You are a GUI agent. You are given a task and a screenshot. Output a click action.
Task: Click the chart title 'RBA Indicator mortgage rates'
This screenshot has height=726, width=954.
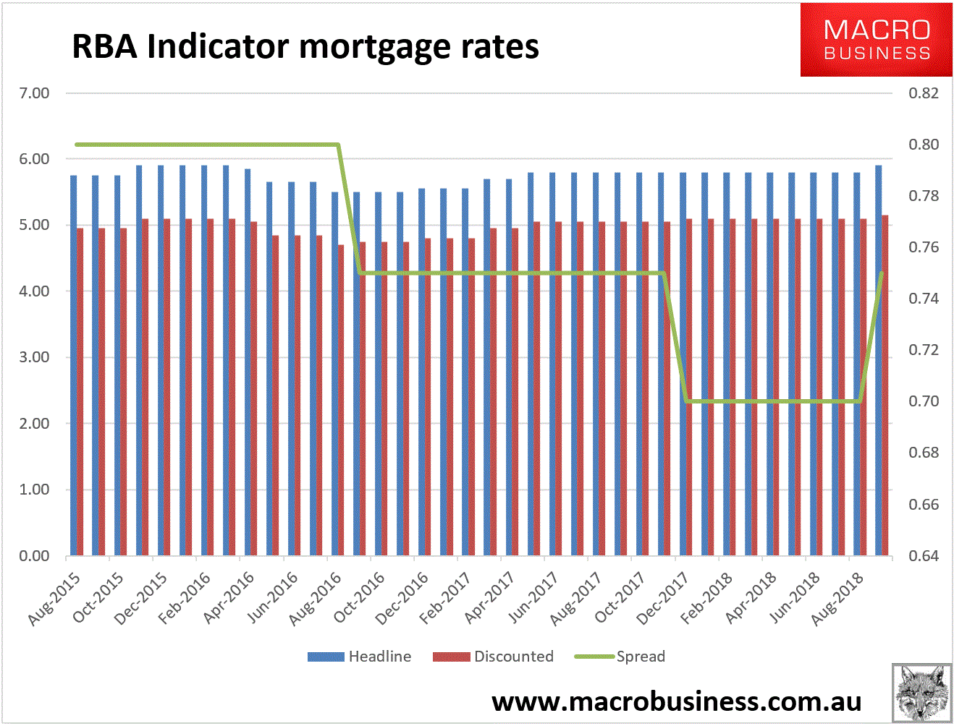[x=305, y=47]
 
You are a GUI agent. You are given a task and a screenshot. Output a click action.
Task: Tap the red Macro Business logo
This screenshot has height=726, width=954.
[x=876, y=40]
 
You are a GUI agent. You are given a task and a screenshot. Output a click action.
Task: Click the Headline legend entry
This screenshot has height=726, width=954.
[x=360, y=657]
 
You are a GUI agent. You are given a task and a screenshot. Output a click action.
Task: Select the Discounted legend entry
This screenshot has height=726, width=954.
[x=494, y=657]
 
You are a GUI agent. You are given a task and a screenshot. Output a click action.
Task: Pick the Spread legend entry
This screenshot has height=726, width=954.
[x=620, y=657]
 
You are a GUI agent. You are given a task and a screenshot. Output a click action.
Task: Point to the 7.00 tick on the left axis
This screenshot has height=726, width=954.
[x=34, y=93]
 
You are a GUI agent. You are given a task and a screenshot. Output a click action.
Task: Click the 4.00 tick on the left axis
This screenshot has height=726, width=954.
[x=34, y=291]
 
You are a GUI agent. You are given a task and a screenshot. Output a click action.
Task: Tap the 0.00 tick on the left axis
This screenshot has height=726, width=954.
[x=34, y=556]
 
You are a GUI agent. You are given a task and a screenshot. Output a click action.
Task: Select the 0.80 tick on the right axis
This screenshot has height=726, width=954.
[x=924, y=145]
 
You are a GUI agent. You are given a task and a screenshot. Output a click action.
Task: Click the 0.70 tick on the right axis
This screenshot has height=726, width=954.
[x=924, y=401]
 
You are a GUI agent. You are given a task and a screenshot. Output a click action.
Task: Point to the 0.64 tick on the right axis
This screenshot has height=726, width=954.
[x=924, y=556]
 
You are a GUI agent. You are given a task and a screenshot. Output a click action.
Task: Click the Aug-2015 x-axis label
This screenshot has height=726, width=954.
[x=55, y=598]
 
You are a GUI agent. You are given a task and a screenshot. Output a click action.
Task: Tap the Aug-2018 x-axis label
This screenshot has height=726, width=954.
[x=838, y=598]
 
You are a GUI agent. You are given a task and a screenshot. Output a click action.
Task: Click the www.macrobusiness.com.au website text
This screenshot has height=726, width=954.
[x=677, y=701]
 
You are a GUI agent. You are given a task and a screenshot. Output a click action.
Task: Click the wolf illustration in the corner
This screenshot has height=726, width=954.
[x=921, y=693]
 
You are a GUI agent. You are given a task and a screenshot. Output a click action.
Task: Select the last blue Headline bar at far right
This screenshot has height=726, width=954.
[x=879, y=362]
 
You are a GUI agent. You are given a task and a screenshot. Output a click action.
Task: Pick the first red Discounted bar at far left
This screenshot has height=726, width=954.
[x=80, y=390]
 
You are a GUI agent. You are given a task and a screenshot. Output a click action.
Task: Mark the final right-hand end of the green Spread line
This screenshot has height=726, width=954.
[x=881, y=273]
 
